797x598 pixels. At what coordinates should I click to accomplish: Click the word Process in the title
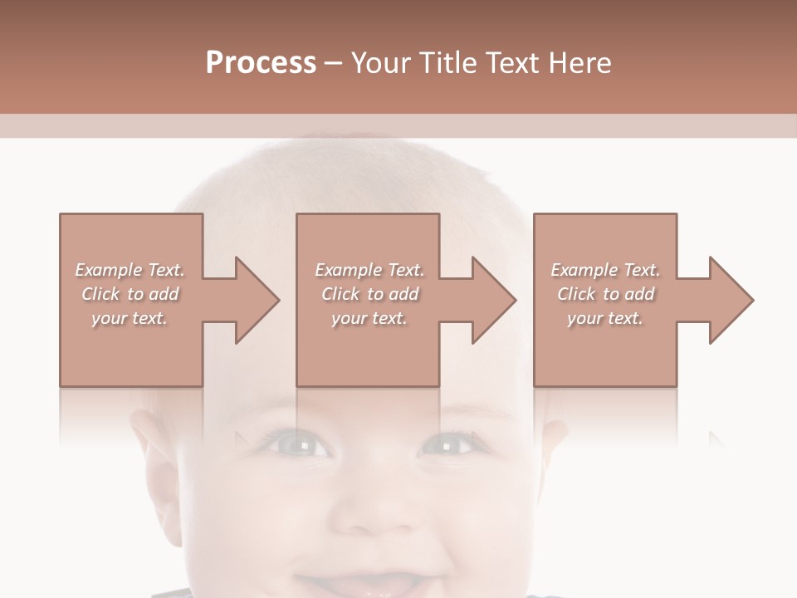pos(261,63)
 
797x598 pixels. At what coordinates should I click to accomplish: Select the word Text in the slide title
pos(511,63)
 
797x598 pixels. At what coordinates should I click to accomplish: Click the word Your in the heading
pos(383,63)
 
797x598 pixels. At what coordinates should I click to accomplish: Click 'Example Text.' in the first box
pos(130,270)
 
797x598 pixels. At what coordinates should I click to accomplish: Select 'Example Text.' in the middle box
pos(369,270)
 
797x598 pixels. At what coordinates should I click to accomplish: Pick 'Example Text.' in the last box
pos(605,270)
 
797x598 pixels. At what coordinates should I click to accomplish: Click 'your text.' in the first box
pos(130,318)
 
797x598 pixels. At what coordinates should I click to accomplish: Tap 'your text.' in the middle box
pos(369,318)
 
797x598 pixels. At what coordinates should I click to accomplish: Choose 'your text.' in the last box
pos(605,318)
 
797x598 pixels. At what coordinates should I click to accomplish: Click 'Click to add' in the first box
pos(130,294)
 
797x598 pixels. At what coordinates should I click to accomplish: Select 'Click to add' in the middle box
pos(369,294)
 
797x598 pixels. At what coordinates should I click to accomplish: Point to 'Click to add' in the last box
pos(605,294)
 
